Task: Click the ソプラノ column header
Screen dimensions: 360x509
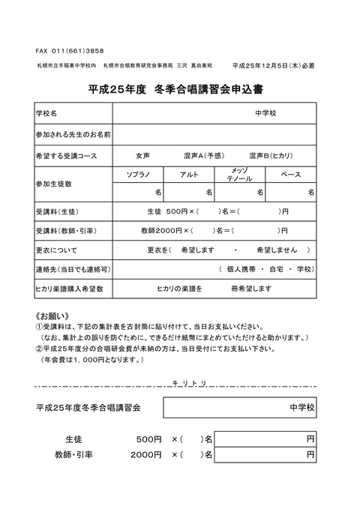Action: point(142,174)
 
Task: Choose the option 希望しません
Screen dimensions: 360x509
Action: point(277,249)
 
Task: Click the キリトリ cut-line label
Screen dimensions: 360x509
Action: point(195,382)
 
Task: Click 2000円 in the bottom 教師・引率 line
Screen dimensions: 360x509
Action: point(145,454)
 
